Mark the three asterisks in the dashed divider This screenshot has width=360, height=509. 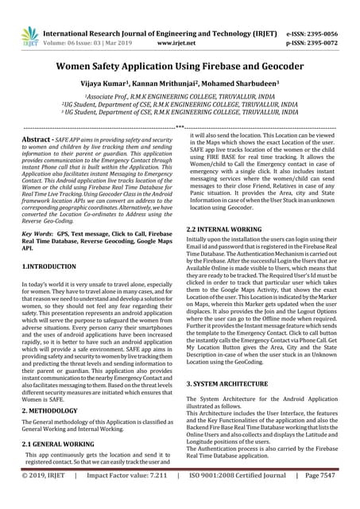[x=180, y=127]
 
